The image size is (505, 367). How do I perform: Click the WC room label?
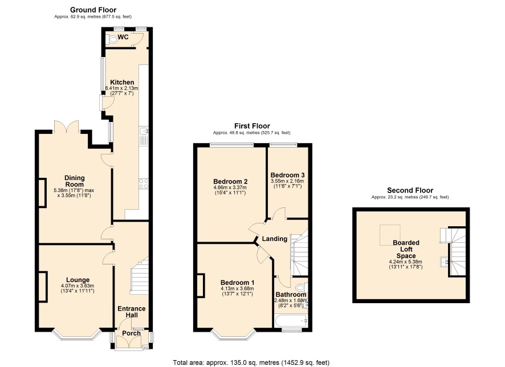[x=123, y=37]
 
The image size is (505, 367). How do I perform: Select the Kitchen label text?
[x=122, y=82]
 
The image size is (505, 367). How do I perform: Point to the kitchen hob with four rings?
[x=144, y=183]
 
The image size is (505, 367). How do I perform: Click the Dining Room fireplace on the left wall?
[x=43, y=193]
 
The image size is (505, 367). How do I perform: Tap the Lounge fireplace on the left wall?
[x=43, y=287]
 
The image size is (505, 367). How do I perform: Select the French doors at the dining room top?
[x=66, y=126]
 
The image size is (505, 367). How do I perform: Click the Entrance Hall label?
[x=132, y=312]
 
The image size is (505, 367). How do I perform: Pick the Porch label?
[x=132, y=333]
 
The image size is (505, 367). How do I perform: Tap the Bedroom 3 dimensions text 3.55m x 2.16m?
[x=288, y=181]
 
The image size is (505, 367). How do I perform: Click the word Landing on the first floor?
[x=274, y=239]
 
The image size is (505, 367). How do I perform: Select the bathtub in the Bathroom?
[x=291, y=321]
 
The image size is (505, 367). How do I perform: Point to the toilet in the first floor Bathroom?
[x=301, y=287]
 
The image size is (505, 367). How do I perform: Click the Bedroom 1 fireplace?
[x=201, y=286]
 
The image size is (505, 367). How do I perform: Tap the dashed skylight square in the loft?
[x=390, y=235]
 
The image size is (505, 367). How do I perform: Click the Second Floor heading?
[x=410, y=190]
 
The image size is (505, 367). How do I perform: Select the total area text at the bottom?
[x=251, y=362]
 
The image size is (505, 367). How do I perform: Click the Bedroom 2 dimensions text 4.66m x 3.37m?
[x=230, y=187]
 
